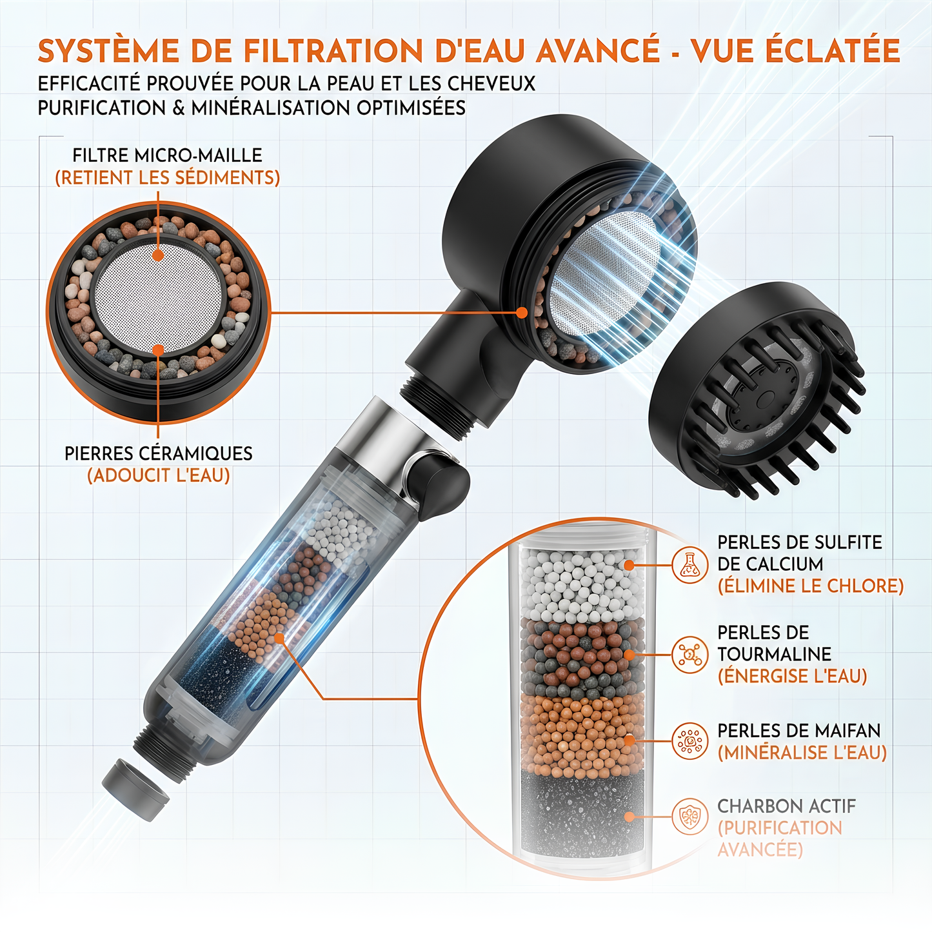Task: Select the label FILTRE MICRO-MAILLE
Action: coord(167,155)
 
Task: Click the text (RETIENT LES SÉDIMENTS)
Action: coord(167,178)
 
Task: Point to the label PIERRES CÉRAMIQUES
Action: coord(158,453)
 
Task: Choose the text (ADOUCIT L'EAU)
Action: coord(158,476)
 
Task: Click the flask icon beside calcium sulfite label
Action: coord(689,565)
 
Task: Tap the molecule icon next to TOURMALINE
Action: coord(689,655)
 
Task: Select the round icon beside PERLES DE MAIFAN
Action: coord(689,741)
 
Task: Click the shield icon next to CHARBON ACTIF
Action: coord(689,817)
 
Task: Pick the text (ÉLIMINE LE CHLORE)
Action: coord(810,586)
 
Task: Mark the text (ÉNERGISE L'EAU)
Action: coord(792,677)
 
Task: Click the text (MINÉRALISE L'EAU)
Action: coord(802,753)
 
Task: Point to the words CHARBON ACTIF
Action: coord(786,806)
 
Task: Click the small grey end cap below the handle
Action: coord(135,789)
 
